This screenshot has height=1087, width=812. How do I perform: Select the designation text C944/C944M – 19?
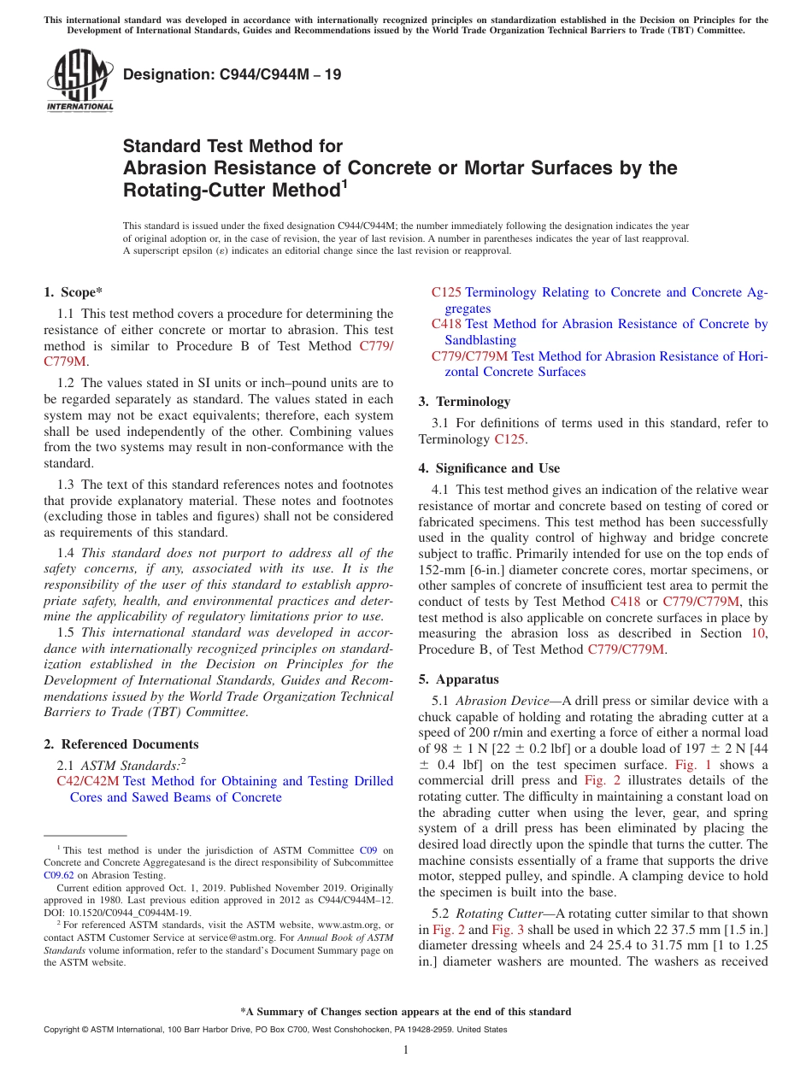(232, 74)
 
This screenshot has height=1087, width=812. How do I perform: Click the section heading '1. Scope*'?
(73, 292)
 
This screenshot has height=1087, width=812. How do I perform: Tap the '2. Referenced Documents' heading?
(121, 744)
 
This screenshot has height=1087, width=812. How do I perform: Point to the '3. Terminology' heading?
(464, 402)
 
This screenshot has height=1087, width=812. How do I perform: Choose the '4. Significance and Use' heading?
(489, 468)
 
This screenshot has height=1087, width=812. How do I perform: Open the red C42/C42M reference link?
(88, 781)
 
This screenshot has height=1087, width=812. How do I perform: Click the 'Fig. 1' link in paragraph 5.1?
(693, 765)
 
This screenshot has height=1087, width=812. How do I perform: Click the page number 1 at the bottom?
(406, 1049)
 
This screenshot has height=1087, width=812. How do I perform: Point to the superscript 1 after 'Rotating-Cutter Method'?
(344, 182)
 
